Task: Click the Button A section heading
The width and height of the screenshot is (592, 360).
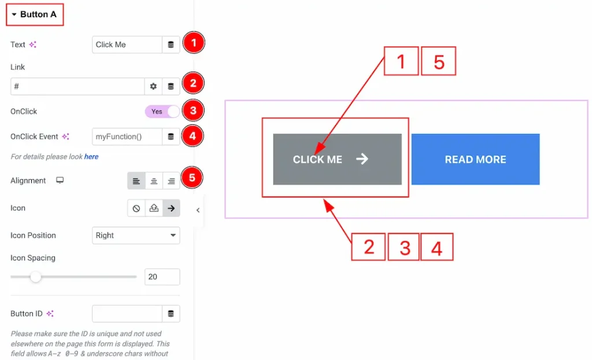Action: tap(35, 14)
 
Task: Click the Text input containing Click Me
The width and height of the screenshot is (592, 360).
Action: tap(127, 44)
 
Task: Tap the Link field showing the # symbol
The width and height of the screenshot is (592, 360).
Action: tap(77, 86)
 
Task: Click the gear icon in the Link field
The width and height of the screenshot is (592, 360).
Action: tap(153, 86)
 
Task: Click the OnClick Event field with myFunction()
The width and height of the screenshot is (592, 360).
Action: tap(127, 136)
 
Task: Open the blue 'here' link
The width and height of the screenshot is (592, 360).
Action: tap(91, 157)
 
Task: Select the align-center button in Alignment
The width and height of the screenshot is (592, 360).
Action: tap(154, 181)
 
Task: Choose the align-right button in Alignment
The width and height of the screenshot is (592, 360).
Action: tap(171, 181)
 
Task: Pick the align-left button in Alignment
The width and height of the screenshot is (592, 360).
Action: tap(136, 181)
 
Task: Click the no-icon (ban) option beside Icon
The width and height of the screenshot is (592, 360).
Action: tap(136, 208)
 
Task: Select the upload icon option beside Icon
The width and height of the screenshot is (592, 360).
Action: tap(154, 208)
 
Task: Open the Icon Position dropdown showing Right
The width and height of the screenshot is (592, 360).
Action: tap(136, 235)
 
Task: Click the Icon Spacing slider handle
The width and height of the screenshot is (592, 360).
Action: tap(36, 277)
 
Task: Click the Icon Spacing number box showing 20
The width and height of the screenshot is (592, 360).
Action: tap(162, 277)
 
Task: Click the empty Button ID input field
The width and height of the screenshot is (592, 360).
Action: tap(127, 314)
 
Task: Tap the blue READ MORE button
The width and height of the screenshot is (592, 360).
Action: tap(475, 159)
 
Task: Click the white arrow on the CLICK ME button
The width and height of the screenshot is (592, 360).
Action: tap(362, 159)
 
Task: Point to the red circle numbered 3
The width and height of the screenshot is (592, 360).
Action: tap(194, 110)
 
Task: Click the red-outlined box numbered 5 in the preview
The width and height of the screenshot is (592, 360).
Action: tap(439, 61)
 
